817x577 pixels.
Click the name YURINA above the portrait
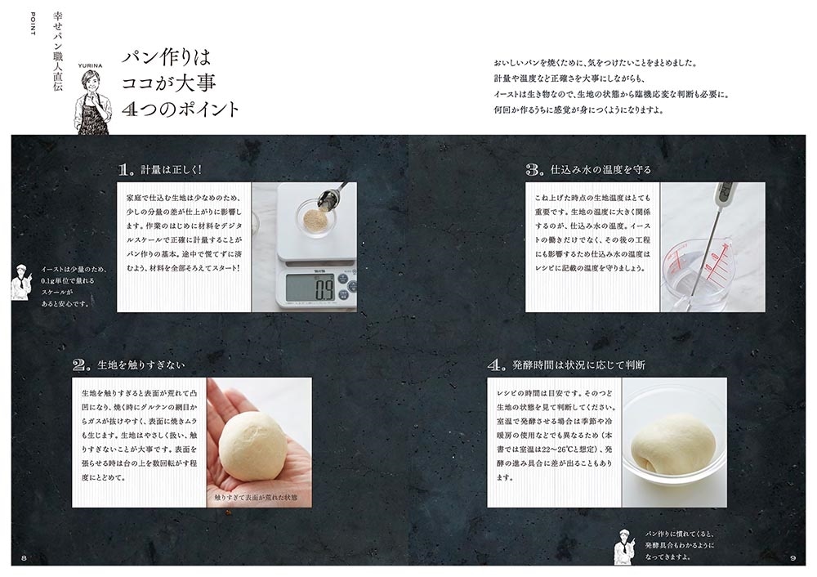(x=90, y=65)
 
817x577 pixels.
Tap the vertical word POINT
(x=33, y=24)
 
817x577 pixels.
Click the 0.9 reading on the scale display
(x=324, y=288)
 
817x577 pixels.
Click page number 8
(x=24, y=558)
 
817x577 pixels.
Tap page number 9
(x=793, y=558)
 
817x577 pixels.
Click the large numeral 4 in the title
(x=129, y=108)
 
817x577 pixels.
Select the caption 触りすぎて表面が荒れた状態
(x=256, y=498)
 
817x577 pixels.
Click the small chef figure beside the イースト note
(x=21, y=281)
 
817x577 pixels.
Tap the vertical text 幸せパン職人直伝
(x=58, y=51)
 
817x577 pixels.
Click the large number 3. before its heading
(x=535, y=169)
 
